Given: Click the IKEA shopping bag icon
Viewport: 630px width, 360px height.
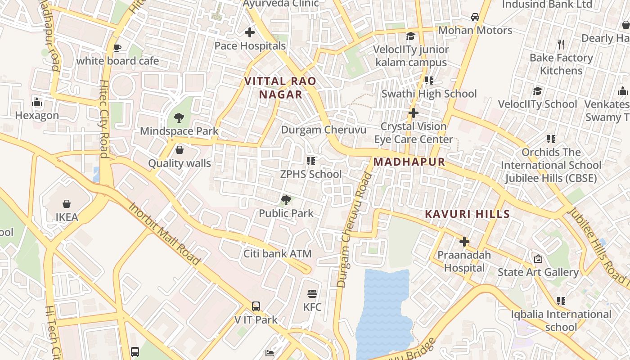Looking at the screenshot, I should click(x=67, y=204).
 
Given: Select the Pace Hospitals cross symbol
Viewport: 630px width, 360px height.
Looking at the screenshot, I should click(x=250, y=32).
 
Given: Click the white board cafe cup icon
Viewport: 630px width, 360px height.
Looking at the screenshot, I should click(x=117, y=48).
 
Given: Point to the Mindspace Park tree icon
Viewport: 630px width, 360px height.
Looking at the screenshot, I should click(x=179, y=118).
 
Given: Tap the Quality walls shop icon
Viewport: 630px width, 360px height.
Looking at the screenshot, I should click(x=180, y=150).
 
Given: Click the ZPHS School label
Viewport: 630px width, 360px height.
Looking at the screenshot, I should click(x=311, y=174).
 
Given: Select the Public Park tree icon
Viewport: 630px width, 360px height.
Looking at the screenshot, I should click(x=286, y=200).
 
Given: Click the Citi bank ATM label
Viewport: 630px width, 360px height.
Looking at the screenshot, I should click(x=277, y=254).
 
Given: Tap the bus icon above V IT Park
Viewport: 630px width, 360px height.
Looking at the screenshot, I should click(x=256, y=306).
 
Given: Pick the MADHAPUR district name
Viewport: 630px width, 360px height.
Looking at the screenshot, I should click(x=409, y=162).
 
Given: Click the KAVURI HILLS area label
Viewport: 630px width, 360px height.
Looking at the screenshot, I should click(x=467, y=214).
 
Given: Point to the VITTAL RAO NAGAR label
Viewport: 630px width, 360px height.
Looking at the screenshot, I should click(x=280, y=88).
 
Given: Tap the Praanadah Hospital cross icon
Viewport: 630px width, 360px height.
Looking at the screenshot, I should click(x=464, y=242).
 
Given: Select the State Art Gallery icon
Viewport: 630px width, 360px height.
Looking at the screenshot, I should click(x=538, y=259).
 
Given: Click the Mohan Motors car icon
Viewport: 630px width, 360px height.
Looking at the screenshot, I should click(x=475, y=17).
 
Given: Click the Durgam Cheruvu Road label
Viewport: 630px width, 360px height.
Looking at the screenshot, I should click(x=354, y=229).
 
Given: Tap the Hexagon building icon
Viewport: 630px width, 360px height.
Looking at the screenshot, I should click(x=37, y=103).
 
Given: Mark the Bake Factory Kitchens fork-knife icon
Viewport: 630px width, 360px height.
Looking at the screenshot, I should click(x=561, y=45).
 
